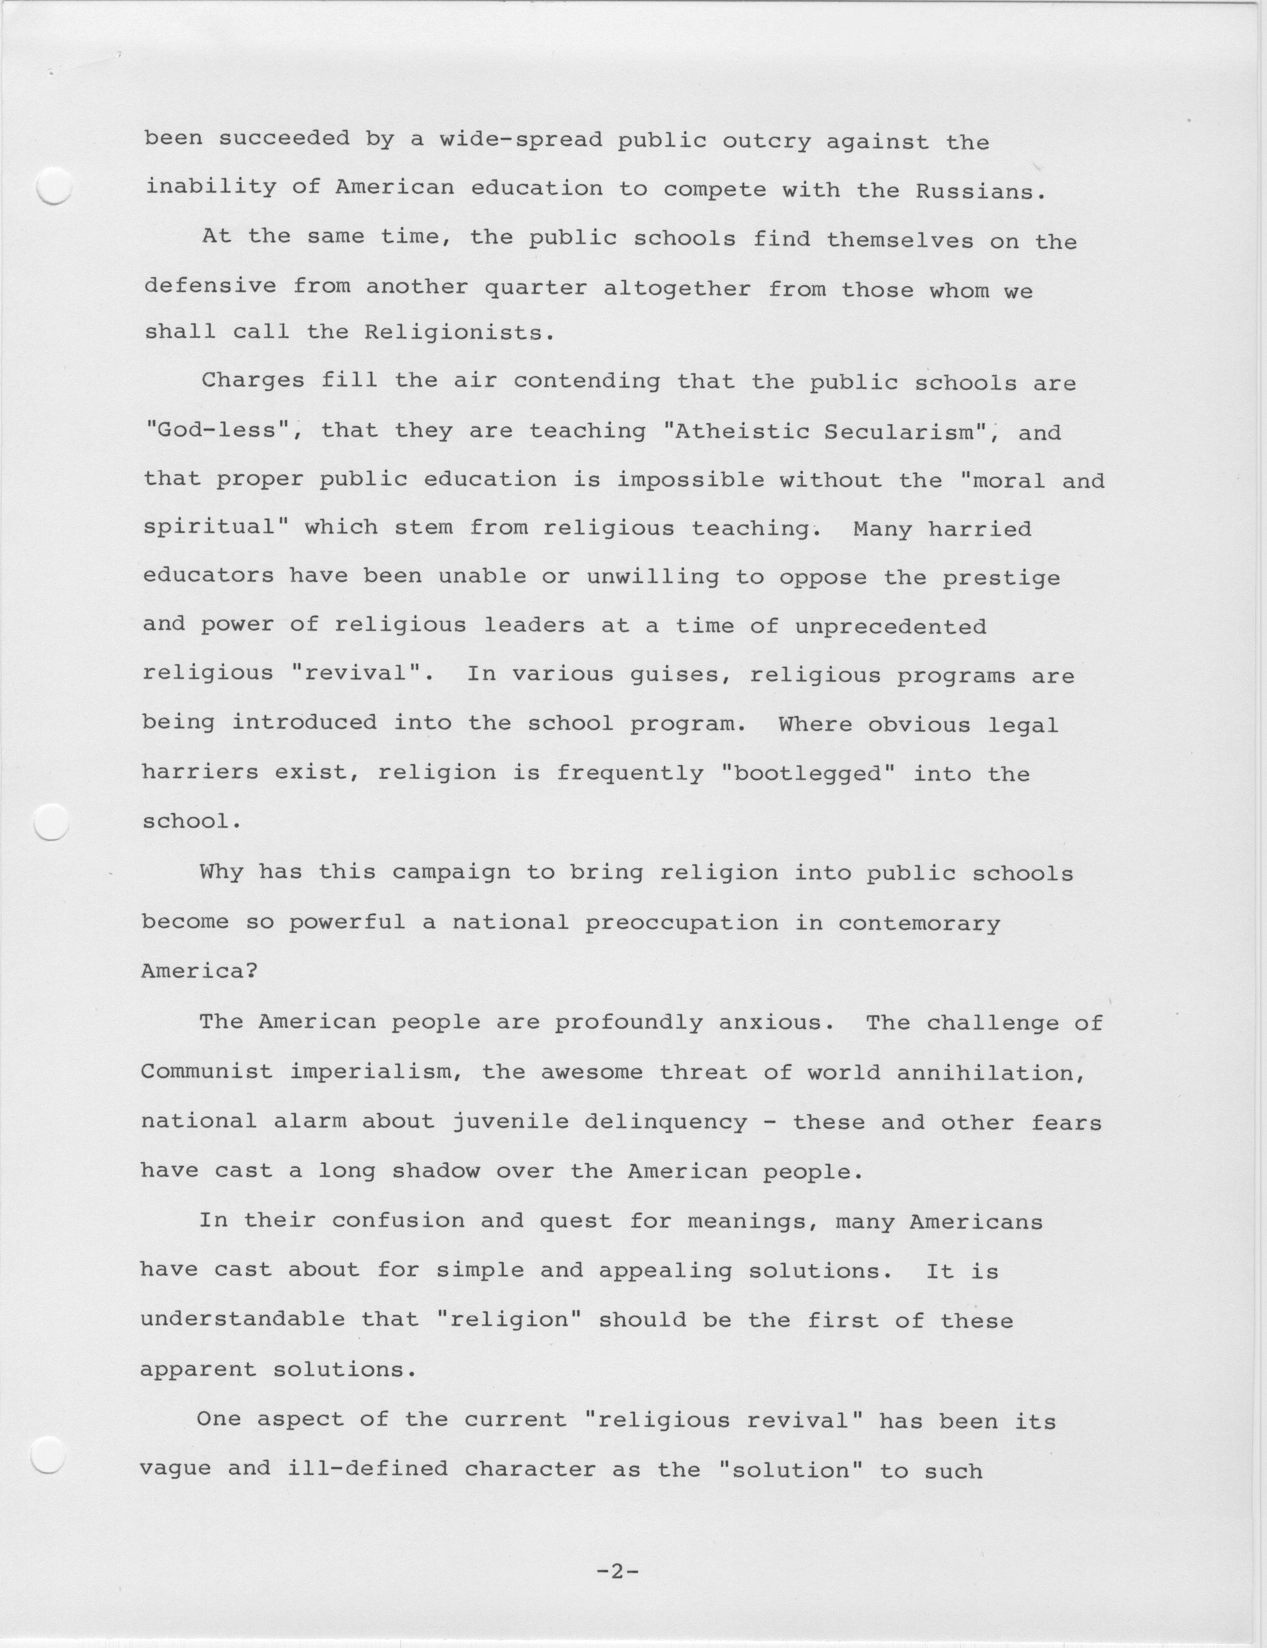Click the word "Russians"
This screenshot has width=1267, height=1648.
point(979,192)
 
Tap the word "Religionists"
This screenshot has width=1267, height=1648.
point(459,332)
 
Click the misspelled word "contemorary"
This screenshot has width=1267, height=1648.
point(919,923)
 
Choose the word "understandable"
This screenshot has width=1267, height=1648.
point(243,1319)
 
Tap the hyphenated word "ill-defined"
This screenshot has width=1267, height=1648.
point(367,1469)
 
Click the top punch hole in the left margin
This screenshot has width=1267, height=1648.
point(54,186)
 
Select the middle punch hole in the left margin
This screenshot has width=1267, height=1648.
point(52,822)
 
